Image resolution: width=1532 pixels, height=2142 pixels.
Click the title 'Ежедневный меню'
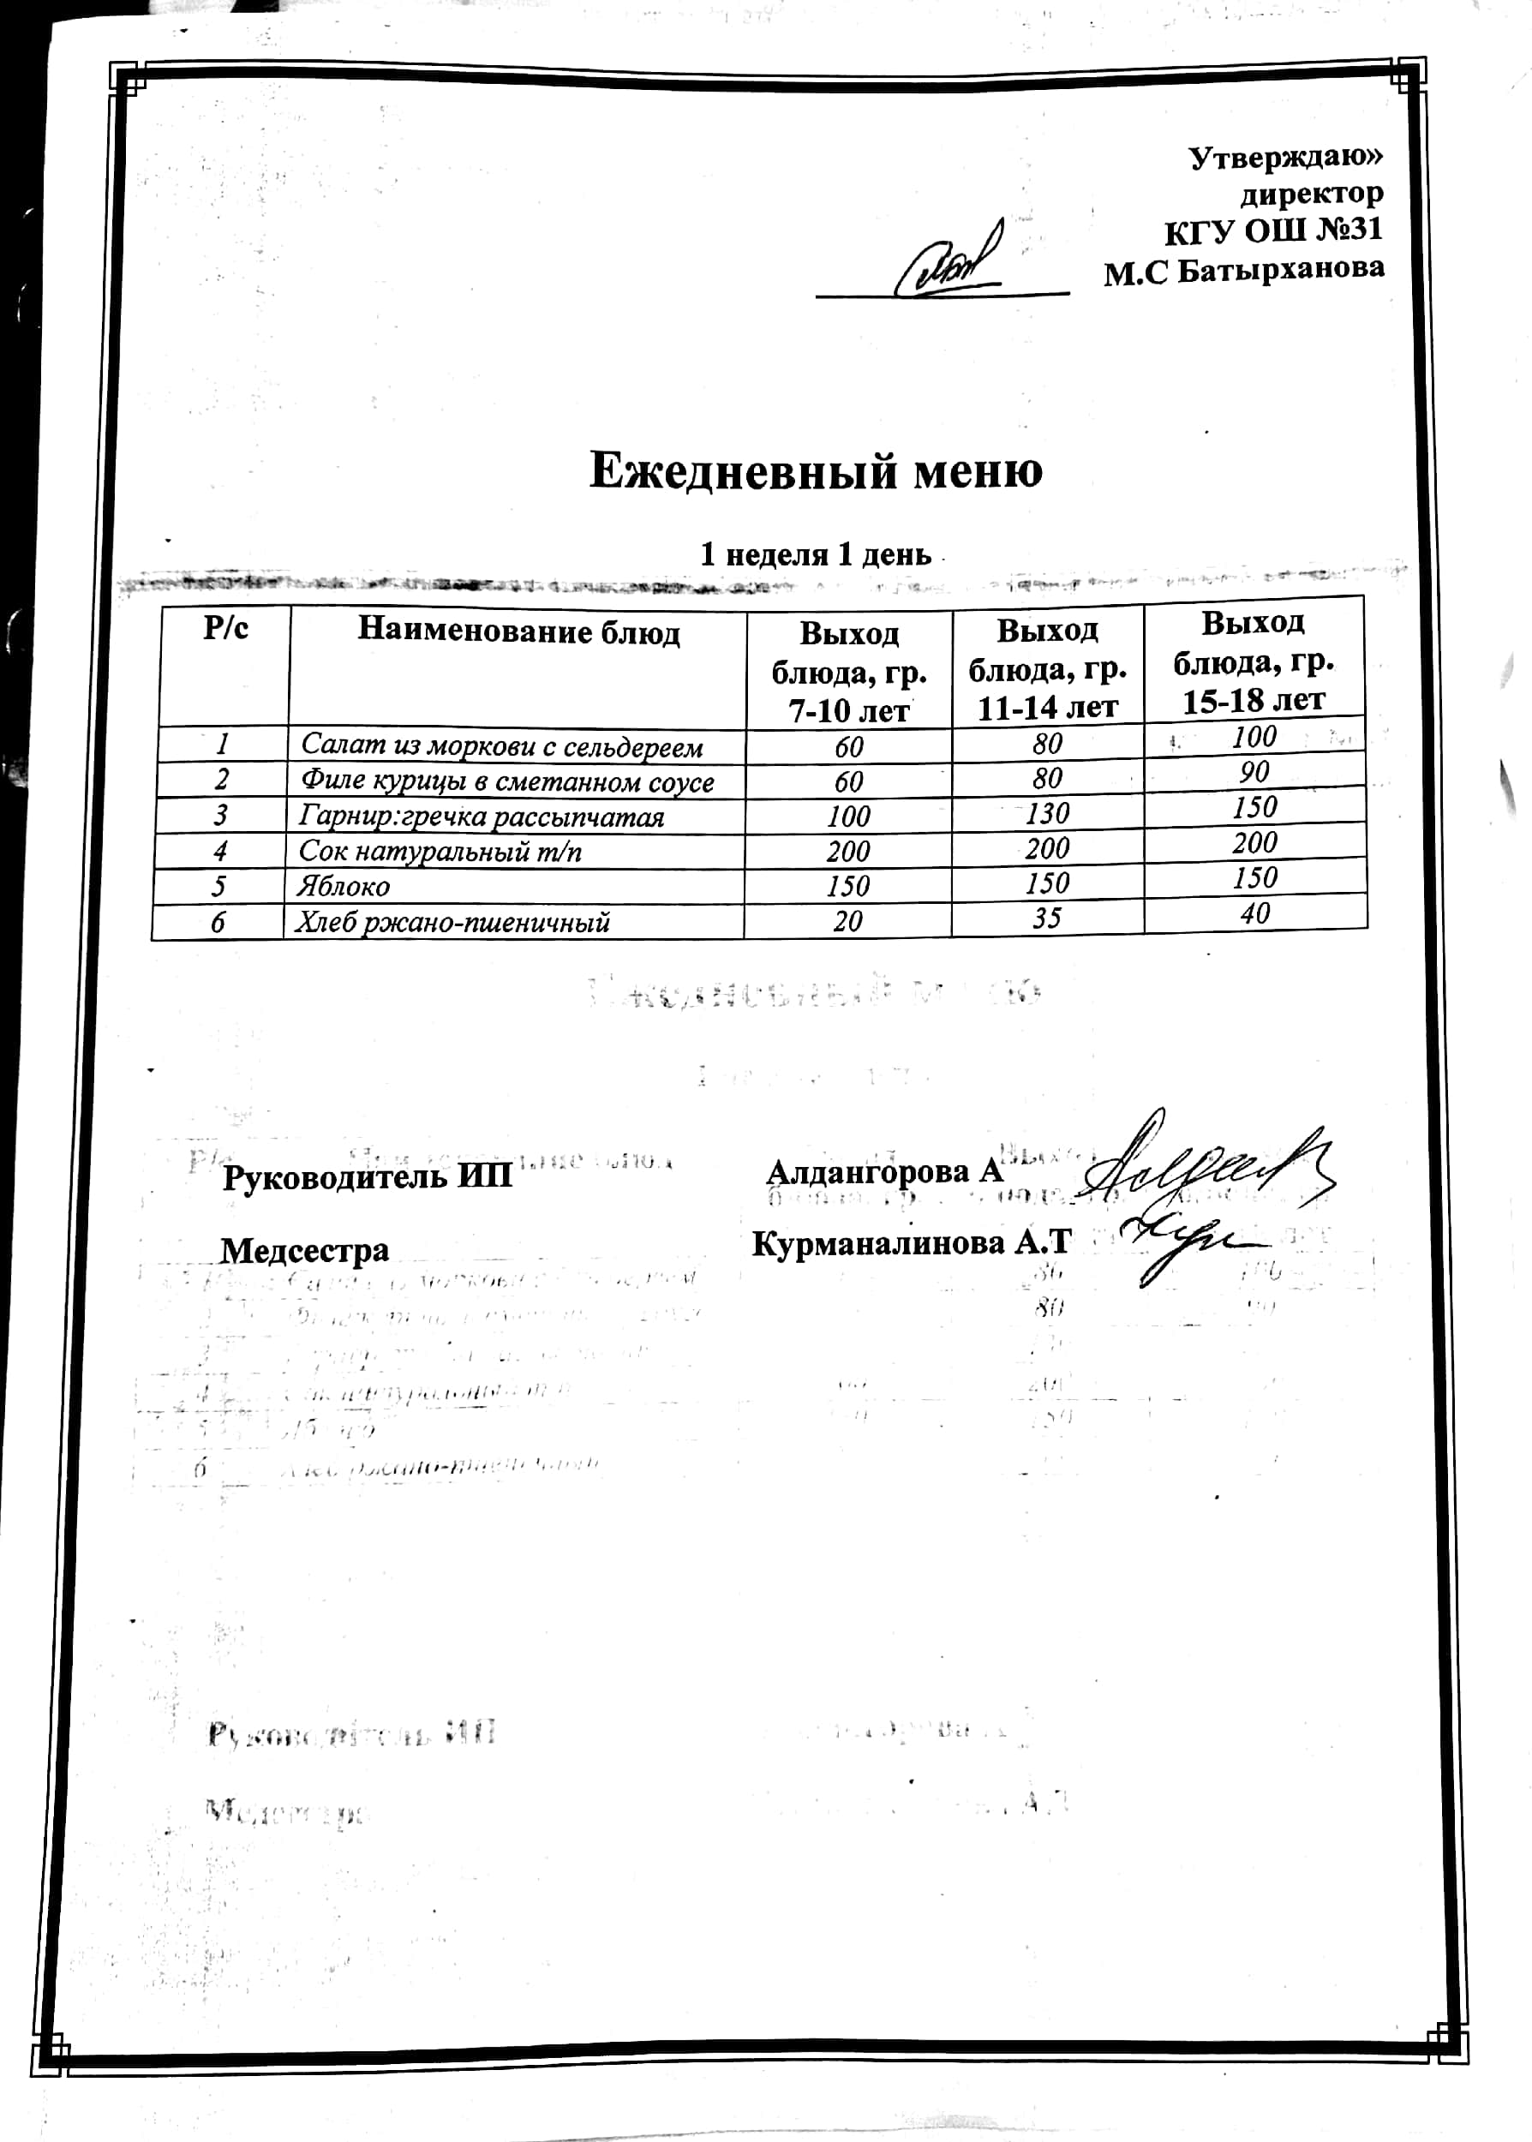815,470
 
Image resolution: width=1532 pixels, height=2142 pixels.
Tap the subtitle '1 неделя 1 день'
815,554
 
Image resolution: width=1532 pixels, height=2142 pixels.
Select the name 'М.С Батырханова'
1243,271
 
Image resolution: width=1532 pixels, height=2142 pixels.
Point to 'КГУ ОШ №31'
1272,230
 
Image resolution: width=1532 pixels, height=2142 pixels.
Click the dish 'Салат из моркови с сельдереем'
502,746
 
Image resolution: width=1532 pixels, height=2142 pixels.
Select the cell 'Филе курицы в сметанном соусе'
506,781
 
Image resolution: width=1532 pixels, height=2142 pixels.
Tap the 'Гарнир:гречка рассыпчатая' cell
482,816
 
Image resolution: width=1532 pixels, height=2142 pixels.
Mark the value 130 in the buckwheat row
1047,812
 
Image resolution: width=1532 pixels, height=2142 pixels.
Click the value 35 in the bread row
1047,917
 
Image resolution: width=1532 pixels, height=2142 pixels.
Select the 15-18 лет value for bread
1254,912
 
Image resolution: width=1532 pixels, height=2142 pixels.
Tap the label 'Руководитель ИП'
367,1177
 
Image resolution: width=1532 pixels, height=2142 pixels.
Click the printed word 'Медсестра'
305,1251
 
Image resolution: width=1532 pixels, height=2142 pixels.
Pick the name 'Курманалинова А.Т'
912,1243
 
